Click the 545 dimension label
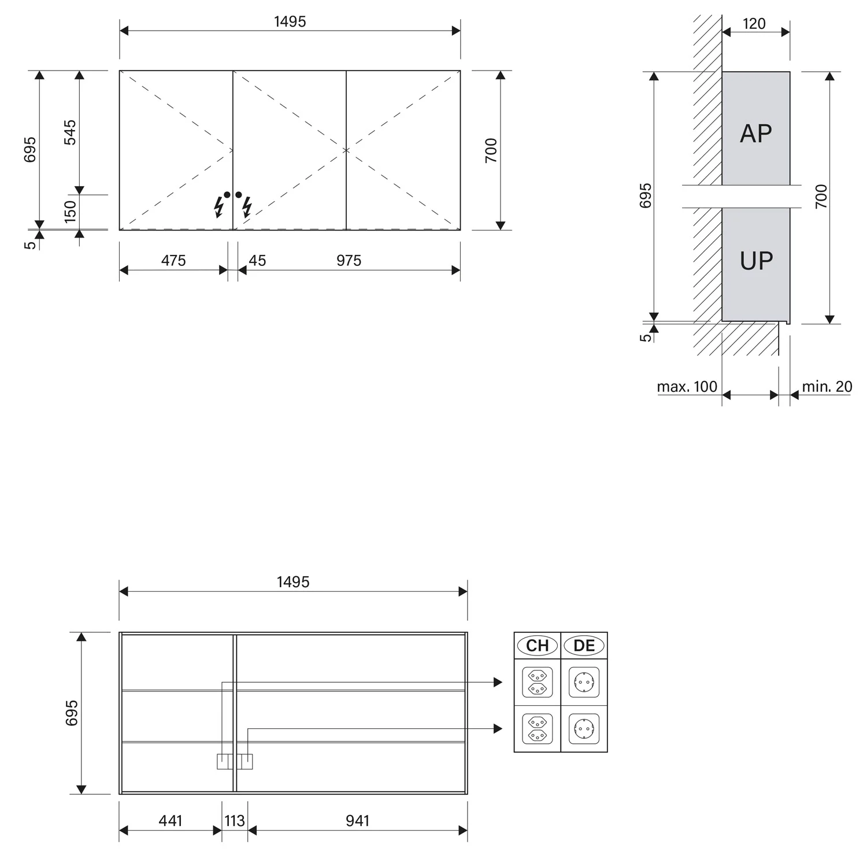point(69,132)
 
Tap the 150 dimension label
point(70,212)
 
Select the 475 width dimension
point(173,261)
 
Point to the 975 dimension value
point(349,261)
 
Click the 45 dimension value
point(257,261)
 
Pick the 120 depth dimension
point(754,24)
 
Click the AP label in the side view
point(756,134)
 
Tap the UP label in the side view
point(757,261)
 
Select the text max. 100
point(687,387)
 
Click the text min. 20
point(827,387)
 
